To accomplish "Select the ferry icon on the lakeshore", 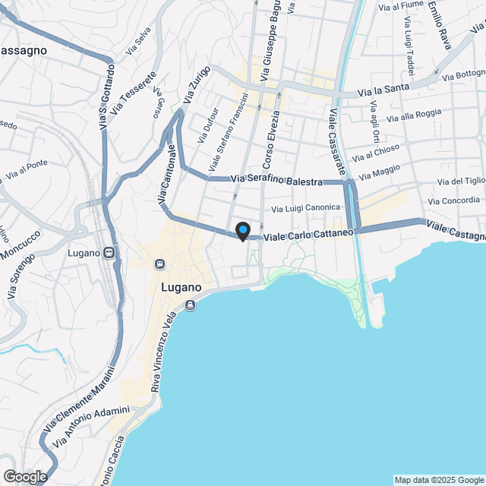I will tap(189, 305).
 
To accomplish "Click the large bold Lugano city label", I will tap(181, 289).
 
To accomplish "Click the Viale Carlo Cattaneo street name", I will tap(308, 235).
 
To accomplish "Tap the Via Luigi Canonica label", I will tap(306, 207).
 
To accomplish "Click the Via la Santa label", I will tap(387, 90).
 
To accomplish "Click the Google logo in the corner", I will tap(24, 477).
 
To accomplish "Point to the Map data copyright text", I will tap(439, 480).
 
